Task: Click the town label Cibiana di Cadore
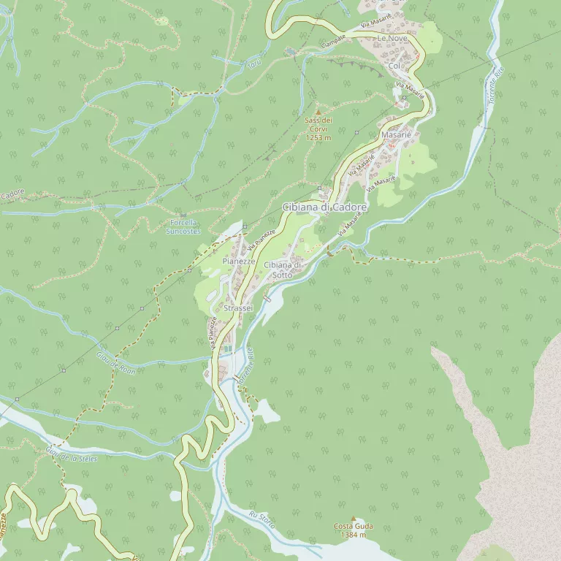point(325,207)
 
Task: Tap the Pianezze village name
point(238,261)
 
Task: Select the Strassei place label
point(238,308)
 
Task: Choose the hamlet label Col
point(395,66)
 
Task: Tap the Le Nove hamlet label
point(392,37)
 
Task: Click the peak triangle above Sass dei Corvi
point(318,112)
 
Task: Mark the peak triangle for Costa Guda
point(354,518)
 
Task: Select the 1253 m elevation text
point(318,137)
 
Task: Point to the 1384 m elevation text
point(354,535)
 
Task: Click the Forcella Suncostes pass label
point(183,226)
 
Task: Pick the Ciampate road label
point(333,42)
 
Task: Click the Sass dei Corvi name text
point(318,124)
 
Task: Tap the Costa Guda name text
point(354,526)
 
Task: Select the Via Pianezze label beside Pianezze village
point(260,237)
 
